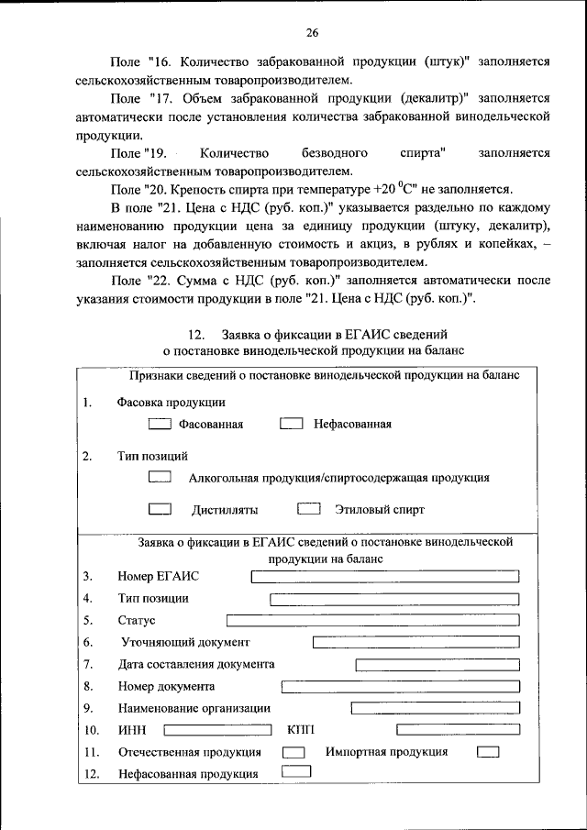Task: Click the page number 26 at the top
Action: pos(311,33)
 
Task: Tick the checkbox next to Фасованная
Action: pos(160,424)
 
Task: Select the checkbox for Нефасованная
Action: pos(291,424)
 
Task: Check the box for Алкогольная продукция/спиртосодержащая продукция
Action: pos(160,477)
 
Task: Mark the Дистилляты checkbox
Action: pos(160,509)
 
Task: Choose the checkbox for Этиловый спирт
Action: pos(309,509)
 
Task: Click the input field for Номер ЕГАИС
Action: pos(384,576)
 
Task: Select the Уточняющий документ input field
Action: pos(415,642)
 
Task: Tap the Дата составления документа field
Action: pos(437,664)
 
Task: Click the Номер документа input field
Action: pos(400,686)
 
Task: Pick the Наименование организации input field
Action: pos(435,708)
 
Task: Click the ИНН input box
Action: pos(216,730)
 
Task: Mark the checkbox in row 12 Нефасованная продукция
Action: pos(296,772)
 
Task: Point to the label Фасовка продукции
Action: pos(172,402)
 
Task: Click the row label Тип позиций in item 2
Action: pos(152,455)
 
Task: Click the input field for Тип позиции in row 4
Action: pos(394,599)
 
